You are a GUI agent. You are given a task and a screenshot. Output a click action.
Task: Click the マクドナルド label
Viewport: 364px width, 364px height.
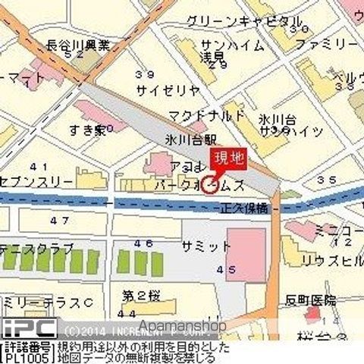tap(208, 116)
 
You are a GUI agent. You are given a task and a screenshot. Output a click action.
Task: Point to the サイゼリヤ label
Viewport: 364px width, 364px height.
tap(168, 89)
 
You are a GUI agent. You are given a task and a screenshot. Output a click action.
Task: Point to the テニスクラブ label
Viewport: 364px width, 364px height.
tap(38, 248)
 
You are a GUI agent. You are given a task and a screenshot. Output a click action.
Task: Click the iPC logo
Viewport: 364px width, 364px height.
tap(28, 328)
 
